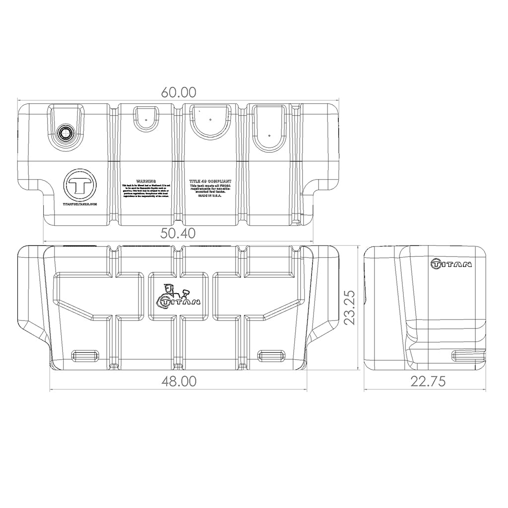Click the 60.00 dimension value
(x=179, y=92)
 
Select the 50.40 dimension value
(x=179, y=233)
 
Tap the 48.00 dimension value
(x=179, y=381)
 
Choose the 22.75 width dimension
(x=428, y=381)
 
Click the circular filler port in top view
(x=65, y=132)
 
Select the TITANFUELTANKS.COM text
(x=80, y=204)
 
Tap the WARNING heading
(x=146, y=182)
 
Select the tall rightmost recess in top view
(x=269, y=127)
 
